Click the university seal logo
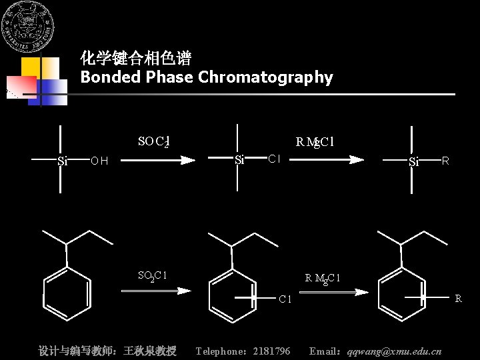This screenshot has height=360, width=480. click(28, 28)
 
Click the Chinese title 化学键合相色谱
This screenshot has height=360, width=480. click(136, 59)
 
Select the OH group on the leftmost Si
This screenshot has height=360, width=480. click(99, 161)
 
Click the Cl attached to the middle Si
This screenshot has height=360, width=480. click(273, 159)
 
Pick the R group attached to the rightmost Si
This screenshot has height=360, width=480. click(445, 161)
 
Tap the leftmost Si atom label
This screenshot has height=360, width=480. click(63, 161)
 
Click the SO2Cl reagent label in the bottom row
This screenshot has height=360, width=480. click(152, 275)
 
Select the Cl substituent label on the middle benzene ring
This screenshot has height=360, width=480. click(285, 299)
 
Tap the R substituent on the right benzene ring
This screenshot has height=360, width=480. click(458, 299)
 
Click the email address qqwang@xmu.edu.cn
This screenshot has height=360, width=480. click(394, 351)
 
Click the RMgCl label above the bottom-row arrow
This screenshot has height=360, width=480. click(323, 278)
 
